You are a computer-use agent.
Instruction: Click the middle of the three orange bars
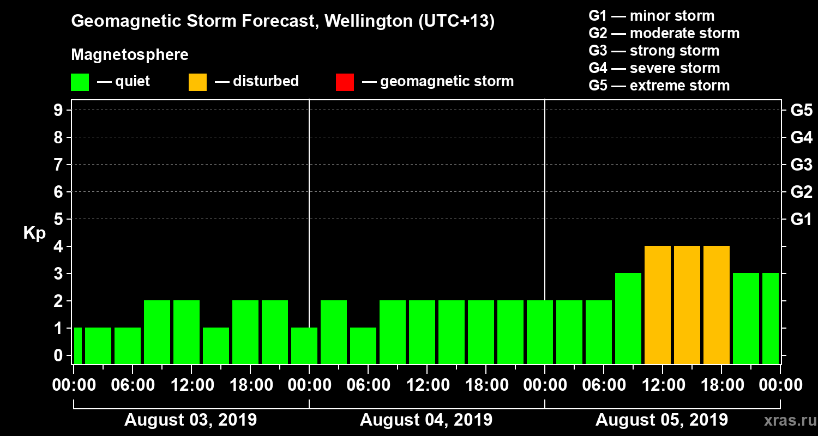[x=687, y=305]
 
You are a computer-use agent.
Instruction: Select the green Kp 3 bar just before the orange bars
[x=628, y=318]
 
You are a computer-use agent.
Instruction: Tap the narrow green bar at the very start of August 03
[x=77, y=346]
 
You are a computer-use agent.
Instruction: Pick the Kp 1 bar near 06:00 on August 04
[x=363, y=346]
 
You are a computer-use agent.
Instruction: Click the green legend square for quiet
[x=80, y=82]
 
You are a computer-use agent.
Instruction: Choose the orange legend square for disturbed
[x=197, y=82]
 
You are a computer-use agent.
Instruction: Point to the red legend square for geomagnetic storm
[x=345, y=82]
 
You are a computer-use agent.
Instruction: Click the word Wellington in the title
[x=369, y=22]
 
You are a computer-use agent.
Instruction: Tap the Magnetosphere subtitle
[x=130, y=55]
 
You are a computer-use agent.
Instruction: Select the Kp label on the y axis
[x=34, y=233]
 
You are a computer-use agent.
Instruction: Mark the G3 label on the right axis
[x=801, y=165]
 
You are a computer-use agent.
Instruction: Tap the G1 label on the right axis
[x=801, y=220]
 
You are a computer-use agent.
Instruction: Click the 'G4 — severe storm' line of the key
[x=654, y=68]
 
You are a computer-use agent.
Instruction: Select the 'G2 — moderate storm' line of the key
[x=664, y=33]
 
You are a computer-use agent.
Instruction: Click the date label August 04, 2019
[x=426, y=420]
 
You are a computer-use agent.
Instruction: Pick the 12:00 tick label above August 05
[x=661, y=385]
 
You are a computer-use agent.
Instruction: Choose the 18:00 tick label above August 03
[x=250, y=385]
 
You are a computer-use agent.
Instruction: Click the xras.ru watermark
[x=786, y=421]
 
